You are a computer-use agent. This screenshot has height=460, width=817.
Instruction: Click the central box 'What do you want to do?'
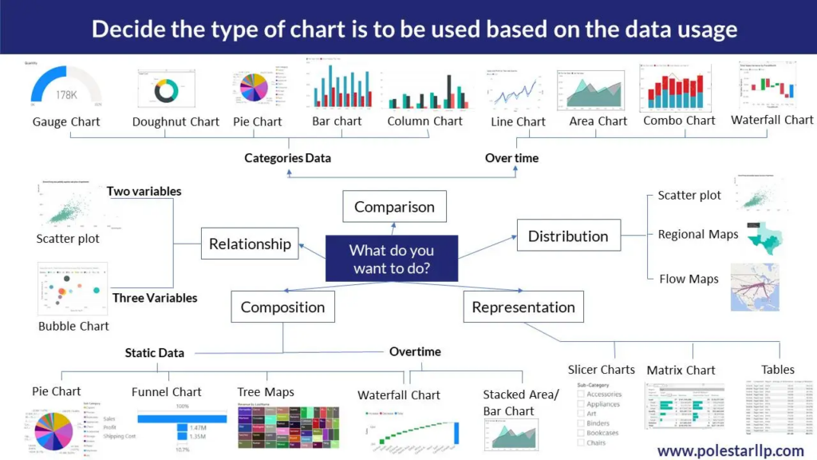[391, 259]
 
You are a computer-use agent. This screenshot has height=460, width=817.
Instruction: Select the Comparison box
[394, 207]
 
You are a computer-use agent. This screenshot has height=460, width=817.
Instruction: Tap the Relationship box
[251, 244]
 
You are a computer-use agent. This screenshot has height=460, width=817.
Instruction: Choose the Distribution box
[568, 236]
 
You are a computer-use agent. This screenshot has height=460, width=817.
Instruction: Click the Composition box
[282, 307]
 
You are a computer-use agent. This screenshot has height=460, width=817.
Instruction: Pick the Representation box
[523, 307]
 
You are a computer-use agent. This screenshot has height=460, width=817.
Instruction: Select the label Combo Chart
[679, 121]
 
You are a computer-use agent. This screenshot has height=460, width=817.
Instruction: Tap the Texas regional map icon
[764, 238]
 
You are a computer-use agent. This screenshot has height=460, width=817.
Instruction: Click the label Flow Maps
[689, 279]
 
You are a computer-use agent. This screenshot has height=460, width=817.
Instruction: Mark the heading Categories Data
[287, 158]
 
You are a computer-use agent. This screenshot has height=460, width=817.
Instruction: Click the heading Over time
[511, 158]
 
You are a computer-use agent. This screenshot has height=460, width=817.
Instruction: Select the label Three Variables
[155, 298]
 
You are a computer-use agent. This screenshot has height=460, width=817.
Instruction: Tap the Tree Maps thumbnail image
[288, 427]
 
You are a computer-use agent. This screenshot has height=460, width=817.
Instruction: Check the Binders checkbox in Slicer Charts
[581, 423]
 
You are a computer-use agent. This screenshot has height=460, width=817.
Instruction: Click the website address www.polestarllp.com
[730, 451]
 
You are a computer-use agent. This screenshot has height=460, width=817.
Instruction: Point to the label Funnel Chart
[166, 392]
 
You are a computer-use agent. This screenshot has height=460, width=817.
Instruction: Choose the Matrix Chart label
[681, 371]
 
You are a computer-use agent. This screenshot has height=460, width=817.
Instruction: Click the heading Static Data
[154, 352]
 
